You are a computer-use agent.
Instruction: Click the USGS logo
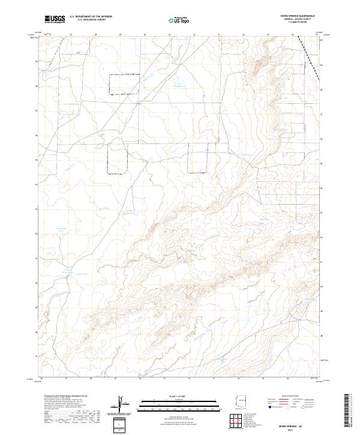(x=55, y=20)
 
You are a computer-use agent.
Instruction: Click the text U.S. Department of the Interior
(x=91, y=17)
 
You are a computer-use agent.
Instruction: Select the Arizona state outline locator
(x=241, y=401)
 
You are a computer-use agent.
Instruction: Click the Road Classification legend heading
(x=290, y=397)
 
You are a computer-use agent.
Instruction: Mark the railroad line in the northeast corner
(x=311, y=60)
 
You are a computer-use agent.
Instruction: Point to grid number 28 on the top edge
(x=96, y=34)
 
